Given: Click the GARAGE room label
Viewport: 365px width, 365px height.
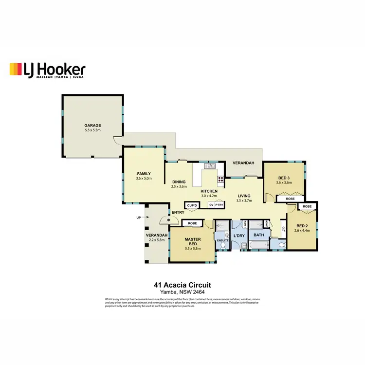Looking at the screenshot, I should pos(92,125).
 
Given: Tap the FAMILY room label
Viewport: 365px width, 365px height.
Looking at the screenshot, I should pos(144,174).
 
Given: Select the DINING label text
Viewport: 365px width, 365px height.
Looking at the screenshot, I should pos(180,182).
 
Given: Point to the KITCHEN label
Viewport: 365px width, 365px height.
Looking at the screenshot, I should pos(209,191).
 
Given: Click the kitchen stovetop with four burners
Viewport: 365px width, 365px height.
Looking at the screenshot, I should pos(220,178).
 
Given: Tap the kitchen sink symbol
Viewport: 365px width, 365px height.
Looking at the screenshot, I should pos(210,166).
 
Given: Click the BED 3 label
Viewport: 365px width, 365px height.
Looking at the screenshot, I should pos(284,178).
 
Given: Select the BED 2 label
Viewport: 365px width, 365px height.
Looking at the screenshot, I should pos(303,226).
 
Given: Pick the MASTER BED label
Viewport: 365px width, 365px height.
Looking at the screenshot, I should pos(192,242).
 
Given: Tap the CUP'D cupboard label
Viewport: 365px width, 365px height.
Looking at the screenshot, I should pos(192,205).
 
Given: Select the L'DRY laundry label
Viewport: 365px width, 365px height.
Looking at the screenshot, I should pos(239,236).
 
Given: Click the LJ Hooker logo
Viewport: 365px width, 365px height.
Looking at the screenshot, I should pos(48,70).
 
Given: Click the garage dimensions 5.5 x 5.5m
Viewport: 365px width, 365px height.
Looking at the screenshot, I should pos(92,131).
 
